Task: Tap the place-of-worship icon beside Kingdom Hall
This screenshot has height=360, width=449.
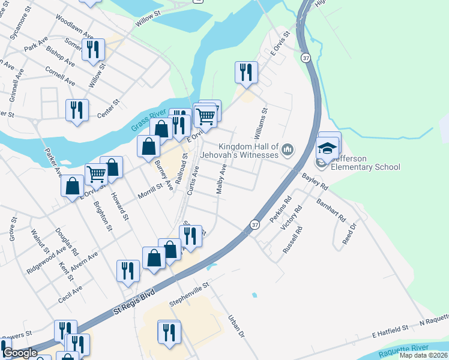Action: (x=288, y=149)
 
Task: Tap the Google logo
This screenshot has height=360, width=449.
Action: (x=20, y=353)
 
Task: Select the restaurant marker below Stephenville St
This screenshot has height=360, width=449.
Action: (x=169, y=331)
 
